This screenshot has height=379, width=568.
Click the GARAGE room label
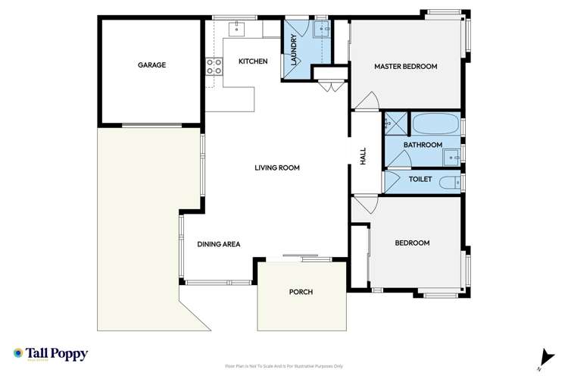click(151, 65)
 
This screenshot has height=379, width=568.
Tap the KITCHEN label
click(253, 61)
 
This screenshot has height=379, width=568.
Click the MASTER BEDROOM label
click(406, 67)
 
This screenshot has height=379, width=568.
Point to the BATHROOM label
click(422, 145)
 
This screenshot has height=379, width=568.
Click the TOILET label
click(420, 180)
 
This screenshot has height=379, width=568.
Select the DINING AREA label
click(219, 244)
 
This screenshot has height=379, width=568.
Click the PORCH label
click(301, 292)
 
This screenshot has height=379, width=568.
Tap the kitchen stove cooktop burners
click(214, 68)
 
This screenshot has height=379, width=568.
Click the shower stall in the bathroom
click(395, 124)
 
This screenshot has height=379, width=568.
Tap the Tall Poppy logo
click(51, 355)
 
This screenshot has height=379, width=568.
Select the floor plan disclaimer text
click(284, 365)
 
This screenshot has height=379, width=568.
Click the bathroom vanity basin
click(451, 156)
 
